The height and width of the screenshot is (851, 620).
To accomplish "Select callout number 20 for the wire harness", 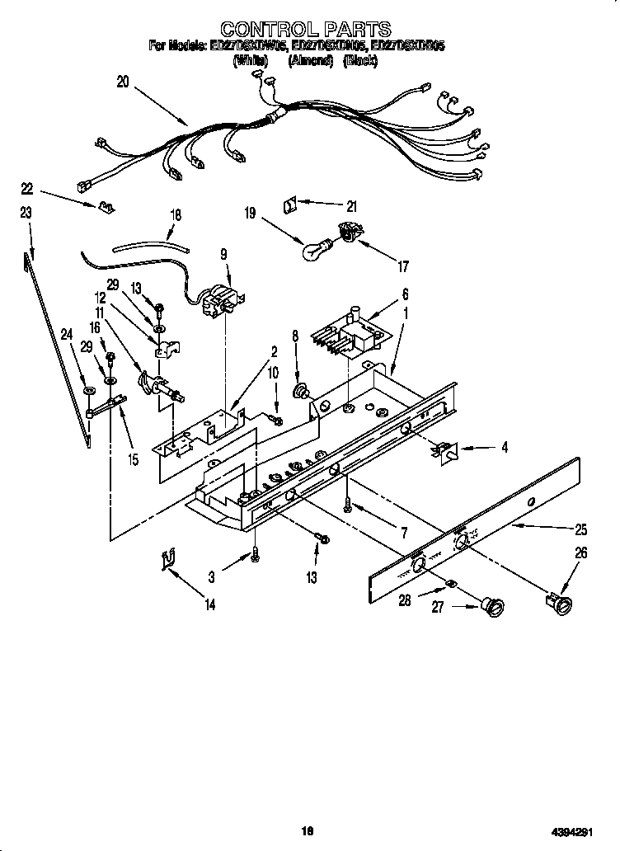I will point(123,81).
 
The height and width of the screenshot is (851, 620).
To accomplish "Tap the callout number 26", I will point(580,554).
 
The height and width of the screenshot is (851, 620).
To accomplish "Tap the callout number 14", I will point(209,605).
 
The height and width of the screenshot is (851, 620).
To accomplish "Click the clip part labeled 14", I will point(168,560).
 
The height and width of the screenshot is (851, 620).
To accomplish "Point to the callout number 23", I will point(26,213).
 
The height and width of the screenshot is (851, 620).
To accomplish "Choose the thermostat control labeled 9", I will point(223,299).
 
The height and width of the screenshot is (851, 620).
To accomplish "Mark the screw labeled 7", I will point(349,501).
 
